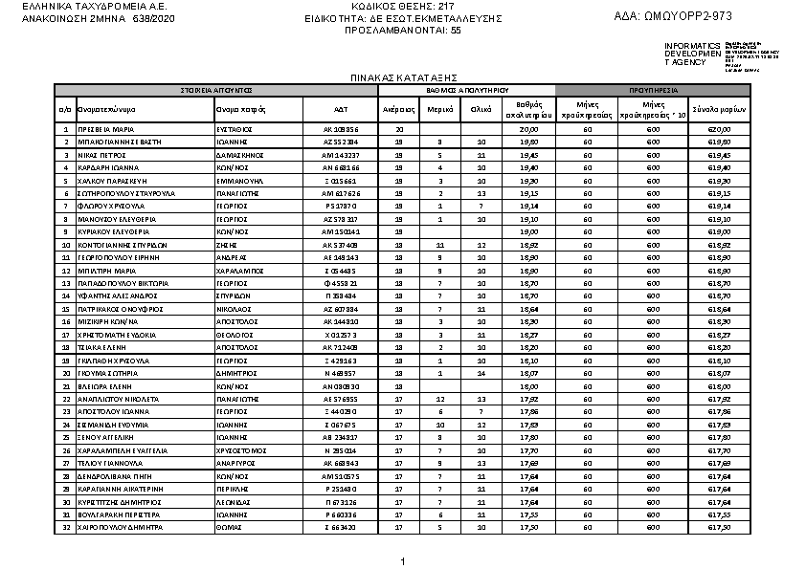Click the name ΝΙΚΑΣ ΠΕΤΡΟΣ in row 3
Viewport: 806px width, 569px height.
tap(102, 154)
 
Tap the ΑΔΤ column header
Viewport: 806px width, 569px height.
tap(340, 109)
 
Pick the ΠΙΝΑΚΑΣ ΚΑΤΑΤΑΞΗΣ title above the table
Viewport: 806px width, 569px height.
tap(402, 76)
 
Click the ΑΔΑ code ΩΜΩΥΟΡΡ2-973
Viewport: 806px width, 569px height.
tap(674, 16)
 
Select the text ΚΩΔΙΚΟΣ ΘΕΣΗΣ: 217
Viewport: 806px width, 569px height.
tap(402, 7)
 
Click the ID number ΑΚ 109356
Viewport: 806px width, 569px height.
tap(340, 129)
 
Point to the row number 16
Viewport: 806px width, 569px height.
tap(65, 322)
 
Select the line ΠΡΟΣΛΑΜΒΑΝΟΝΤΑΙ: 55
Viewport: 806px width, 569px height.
tap(402, 30)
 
